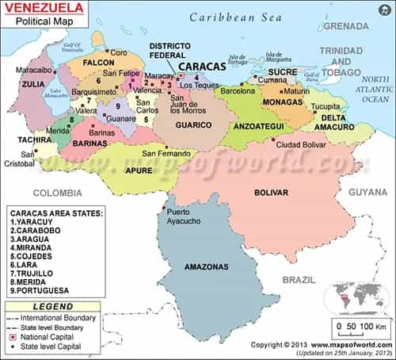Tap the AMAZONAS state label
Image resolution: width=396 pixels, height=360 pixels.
207,267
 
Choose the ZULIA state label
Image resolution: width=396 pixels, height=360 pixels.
33,82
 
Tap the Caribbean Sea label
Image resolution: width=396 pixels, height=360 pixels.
236,17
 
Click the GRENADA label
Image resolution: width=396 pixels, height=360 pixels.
347,25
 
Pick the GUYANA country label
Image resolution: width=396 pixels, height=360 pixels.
368,192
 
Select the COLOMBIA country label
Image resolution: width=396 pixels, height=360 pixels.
56,193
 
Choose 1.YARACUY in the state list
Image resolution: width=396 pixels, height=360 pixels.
37,224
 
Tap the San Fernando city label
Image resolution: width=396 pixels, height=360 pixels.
166,153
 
